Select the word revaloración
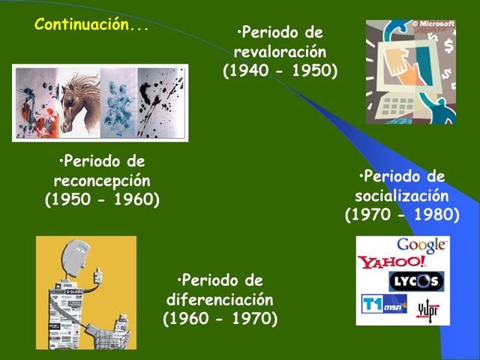tap(280, 52)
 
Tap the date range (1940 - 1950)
tap(280, 71)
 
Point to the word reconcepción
tap(102, 181)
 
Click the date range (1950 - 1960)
tap(102, 200)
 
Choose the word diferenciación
tap(220, 300)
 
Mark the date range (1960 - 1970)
tap(220, 319)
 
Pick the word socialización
tap(402, 196)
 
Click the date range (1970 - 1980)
tap(402, 215)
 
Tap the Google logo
tap(421, 245)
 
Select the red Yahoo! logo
tap(391, 262)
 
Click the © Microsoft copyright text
tap(433, 24)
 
